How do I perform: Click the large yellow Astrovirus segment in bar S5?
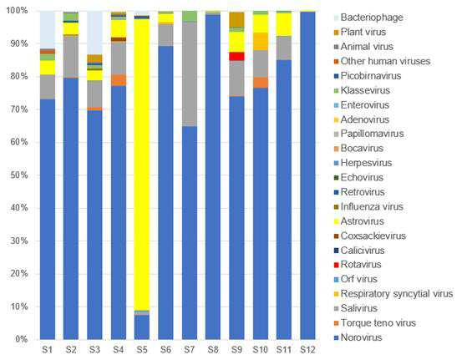(x=142, y=165)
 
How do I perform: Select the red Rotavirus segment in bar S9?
(x=236, y=56)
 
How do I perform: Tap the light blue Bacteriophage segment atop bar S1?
(x=48, y=30)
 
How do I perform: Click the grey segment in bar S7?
(x=190, y=74)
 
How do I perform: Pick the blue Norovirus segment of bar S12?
(x=307, y=175)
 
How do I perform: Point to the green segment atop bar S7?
(x=190, y=17)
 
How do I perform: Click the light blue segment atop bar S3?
(x=94, y=33)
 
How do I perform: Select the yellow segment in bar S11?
(x=284, y=24)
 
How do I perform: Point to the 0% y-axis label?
(x=21, y=339)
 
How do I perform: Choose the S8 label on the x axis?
(x=213, y=350)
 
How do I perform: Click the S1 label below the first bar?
(x=47, y=350)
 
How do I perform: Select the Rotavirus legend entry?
(x=358, y=265)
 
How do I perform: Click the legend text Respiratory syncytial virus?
(x=397, y=294)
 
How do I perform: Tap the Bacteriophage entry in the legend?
(x=368, y=18)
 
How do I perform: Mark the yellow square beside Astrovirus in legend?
(x=337, y=221)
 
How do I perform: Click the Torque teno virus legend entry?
(x=375, y=323)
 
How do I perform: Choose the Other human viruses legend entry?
(x=382, y=61)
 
